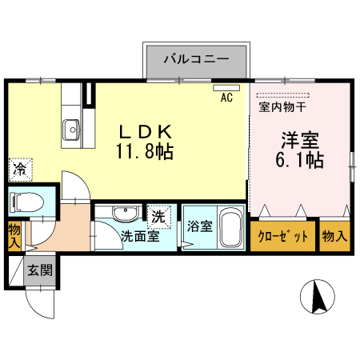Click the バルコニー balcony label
197,58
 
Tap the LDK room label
147,130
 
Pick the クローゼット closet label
283,236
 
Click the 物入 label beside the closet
334,236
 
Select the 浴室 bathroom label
199,226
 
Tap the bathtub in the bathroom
231,229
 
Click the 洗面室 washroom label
139,236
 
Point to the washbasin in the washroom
123,214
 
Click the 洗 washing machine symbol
158,214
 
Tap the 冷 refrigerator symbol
19,170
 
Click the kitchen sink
70,127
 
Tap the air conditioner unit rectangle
226,86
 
